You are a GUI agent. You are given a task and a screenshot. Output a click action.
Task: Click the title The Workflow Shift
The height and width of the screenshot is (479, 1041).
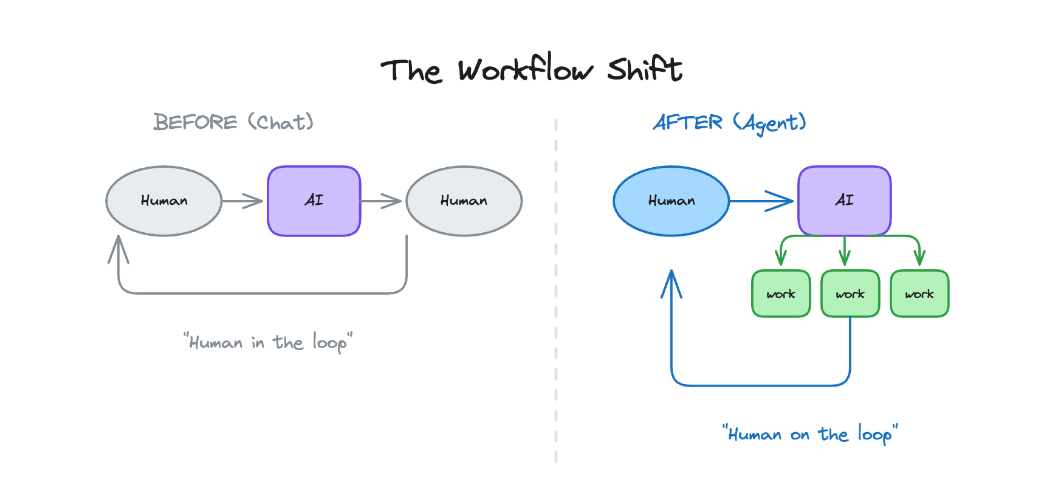click(531, 69)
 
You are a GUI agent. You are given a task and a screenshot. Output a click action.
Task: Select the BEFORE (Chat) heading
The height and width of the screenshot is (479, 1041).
click(233, 122)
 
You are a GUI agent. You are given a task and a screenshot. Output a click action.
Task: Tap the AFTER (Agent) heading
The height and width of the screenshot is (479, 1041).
click(729, 123)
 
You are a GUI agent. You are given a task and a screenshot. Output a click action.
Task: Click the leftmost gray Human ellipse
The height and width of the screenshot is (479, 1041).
click(164, 201)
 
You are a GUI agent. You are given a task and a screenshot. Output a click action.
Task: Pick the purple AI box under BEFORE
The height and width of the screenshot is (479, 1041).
click(314, 201)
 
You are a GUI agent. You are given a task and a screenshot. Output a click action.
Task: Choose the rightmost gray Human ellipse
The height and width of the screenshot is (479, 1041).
click(464, 201)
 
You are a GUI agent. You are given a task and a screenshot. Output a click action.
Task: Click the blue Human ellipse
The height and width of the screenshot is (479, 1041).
click(671, 201)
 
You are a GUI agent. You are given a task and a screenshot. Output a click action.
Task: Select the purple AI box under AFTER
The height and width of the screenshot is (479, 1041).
click(844, 201)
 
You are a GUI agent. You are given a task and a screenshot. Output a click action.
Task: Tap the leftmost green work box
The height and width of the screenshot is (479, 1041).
click(781, 294)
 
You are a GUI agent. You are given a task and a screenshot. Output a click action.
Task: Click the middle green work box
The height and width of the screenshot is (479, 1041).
click(850, 294)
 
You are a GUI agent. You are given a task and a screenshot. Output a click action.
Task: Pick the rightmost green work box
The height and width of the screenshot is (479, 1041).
click(919, 294)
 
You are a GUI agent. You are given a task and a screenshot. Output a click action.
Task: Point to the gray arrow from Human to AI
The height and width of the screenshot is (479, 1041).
click(243, 201)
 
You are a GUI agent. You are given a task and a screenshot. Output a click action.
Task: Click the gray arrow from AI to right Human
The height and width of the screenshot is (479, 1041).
click(382, 201)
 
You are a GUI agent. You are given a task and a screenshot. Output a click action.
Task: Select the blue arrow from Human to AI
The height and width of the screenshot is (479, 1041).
click(763, 201)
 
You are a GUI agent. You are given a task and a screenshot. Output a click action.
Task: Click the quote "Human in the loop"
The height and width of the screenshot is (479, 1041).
click(268, 342)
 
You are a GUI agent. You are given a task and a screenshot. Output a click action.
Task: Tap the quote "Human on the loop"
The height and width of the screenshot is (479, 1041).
click(809, 434)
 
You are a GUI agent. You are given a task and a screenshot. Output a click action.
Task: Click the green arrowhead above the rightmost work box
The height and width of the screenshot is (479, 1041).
click(919, 257)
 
